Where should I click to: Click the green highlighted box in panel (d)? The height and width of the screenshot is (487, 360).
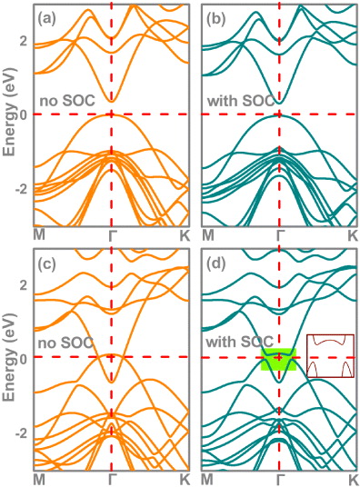coord(278,358)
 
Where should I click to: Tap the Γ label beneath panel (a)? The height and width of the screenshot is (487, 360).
coord(112,236)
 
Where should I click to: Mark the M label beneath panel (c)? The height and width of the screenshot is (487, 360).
coord(39,479)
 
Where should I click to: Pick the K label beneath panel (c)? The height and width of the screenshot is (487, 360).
coord(185,479)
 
